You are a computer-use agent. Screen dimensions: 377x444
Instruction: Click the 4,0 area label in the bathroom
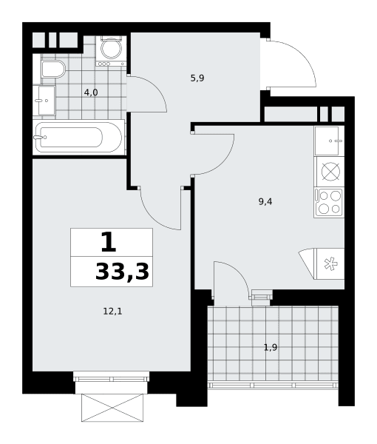(x=91, y=92)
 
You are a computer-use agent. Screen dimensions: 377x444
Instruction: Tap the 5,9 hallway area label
(x=197, y=78)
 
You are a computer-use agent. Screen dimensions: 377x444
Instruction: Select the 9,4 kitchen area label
(x=265, y=201)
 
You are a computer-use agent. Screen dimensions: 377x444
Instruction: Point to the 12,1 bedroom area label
(x=112, y=312)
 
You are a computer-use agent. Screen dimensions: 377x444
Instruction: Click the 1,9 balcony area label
(x=271, y=347)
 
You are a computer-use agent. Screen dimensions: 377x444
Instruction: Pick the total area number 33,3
(x=122, y=272)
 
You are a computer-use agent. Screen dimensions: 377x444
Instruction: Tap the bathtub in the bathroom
(x=78, y=138)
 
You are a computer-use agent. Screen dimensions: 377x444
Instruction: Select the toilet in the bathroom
(x=53, y=69)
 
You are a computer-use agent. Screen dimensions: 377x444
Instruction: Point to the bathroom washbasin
(x=44, y=100)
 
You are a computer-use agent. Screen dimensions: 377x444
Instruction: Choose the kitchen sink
(x=329, y=141)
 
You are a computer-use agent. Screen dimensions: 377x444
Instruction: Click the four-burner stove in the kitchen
(x=329, y=203)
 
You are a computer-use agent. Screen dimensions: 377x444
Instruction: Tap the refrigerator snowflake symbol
(x=330, y=264)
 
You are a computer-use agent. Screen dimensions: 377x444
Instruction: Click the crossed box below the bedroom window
(x=112, y=408)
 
